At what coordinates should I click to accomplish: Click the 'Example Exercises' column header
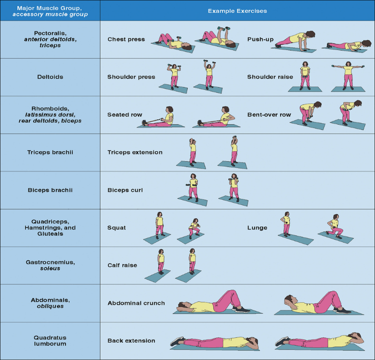237,11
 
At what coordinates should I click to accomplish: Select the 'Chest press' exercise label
126,39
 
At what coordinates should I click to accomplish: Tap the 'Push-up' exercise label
261,39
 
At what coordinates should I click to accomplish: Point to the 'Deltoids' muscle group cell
50,77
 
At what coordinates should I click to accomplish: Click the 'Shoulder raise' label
270,77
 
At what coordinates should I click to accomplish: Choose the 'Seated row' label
125,115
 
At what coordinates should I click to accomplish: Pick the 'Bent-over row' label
270,115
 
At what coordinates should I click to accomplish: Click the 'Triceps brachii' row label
50,153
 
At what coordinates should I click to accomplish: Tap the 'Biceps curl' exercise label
125,190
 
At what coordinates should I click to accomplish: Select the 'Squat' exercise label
116,228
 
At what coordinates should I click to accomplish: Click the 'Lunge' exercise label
257,228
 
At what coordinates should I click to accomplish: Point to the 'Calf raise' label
122,265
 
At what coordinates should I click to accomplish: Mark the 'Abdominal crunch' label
136,303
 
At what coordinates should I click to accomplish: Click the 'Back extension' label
131,341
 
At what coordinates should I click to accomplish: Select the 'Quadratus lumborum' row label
50,341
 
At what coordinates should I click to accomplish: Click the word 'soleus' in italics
50,269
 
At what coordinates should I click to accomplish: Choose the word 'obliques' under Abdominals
50,306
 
